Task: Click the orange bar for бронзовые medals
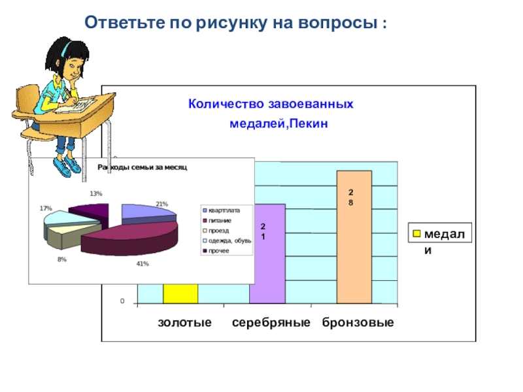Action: [x=354, y=248]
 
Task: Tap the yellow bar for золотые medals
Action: [x=180, y=293]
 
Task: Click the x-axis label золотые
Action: [x=185, y=323]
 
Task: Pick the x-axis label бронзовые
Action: [x=358, y=323]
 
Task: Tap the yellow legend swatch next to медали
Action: [x=416, y=233]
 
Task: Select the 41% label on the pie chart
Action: [x=143, y=263]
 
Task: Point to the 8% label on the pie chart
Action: [x=61, y=259]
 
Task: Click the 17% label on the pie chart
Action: [x=45, y=208]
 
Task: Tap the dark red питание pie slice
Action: [x=131, y=239]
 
